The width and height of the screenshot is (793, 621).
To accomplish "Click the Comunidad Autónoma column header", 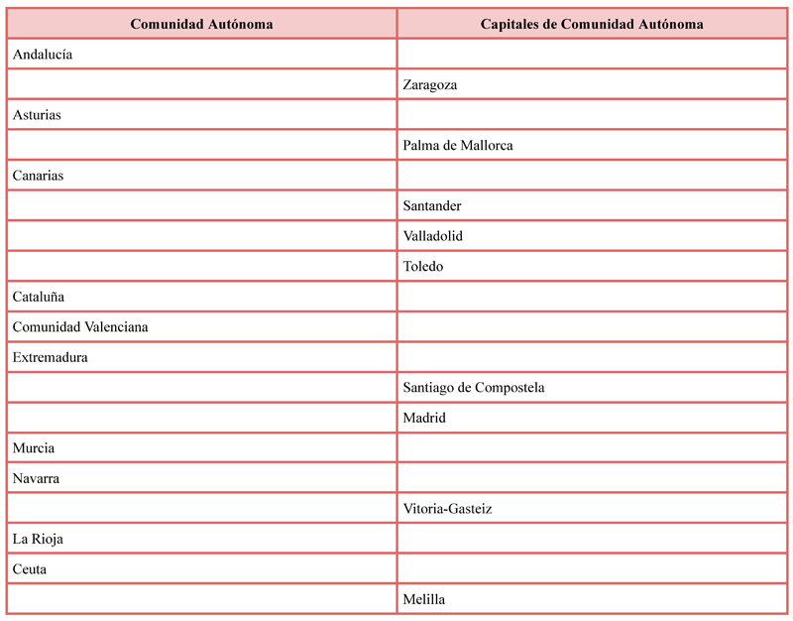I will pos(201,24).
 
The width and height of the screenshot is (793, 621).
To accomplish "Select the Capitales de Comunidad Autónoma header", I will pos(592,24).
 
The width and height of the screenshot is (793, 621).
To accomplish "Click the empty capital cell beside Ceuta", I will pos(592,569).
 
